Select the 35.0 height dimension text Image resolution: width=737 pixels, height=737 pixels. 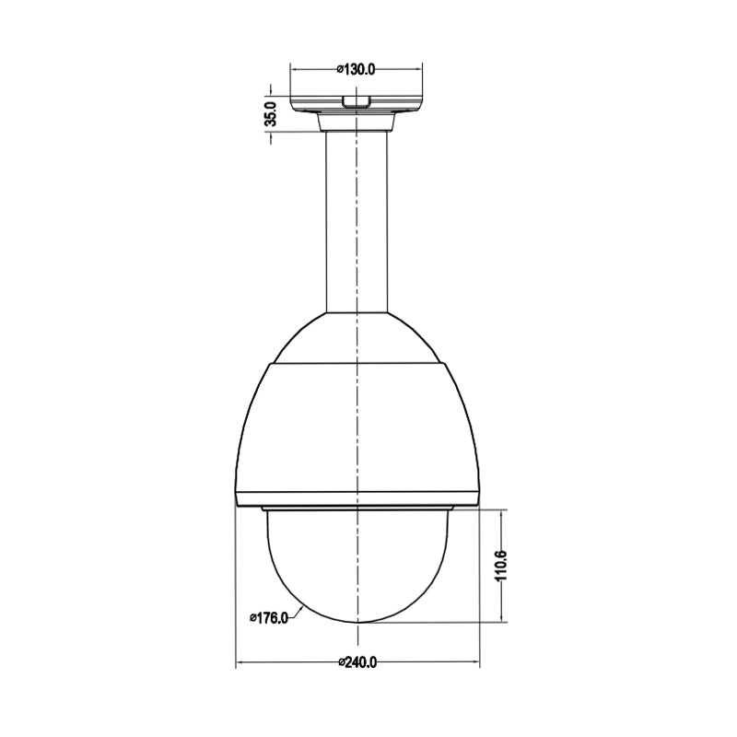pos(271,114)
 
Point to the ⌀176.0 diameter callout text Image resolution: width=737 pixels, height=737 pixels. pos(268,618)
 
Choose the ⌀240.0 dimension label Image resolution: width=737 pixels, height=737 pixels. pos(358,662)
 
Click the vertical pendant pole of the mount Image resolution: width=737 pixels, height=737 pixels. pos(341,221)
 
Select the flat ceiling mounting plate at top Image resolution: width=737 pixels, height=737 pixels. pos(357,101)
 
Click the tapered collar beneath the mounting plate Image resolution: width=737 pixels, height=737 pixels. pos(357,122)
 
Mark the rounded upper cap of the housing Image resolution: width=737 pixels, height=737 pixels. pos(357,336)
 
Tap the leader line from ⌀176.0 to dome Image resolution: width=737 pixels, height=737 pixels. pos(299,611)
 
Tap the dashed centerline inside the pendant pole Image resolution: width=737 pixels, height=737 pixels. pos(357,221)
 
